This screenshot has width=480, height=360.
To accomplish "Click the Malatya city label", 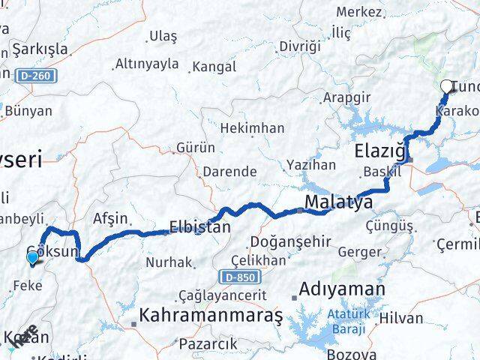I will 339,202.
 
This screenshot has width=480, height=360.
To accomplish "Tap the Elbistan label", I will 199,226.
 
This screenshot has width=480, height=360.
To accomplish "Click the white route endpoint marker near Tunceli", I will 448,86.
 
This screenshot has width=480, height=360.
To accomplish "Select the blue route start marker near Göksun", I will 32,259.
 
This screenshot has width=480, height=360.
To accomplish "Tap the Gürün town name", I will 196,148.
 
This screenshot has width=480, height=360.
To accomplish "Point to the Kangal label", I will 214,67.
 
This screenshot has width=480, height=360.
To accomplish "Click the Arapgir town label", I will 346,97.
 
